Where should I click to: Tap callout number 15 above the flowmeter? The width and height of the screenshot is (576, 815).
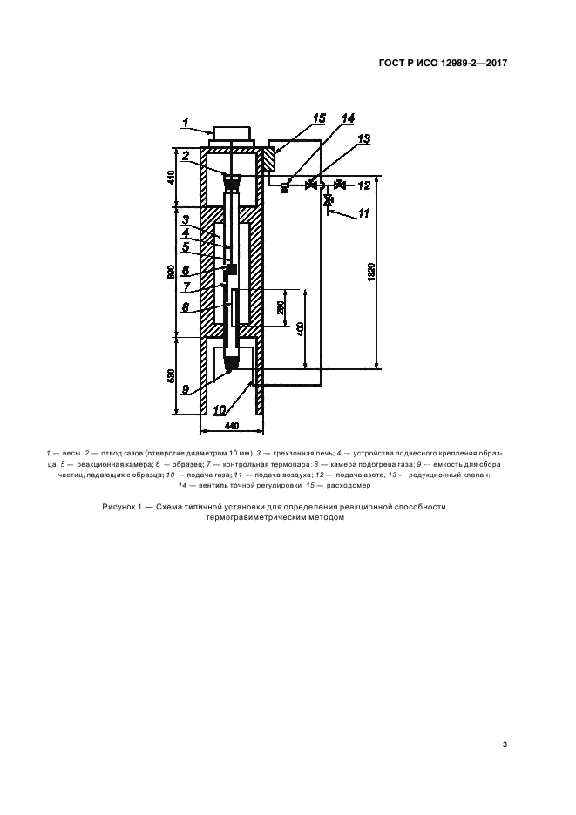pyautogui.click(x=320, y=118)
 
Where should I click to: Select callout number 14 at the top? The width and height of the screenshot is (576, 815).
pyautogui.click(x=348, y=118)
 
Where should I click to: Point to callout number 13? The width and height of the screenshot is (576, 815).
pyautogui.click(x=363, y=138)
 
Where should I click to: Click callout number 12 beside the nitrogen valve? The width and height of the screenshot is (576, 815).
pyautogui.click(x=364, y=185)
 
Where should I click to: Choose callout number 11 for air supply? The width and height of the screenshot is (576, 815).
pyautogui.click(x=364, y=212)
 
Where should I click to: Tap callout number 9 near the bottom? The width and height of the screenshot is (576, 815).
pyautogui.click(x=186, y=389)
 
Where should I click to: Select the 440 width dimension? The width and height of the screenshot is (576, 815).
pyautogui.click(x=232, y=426)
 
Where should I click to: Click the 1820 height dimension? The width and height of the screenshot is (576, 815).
pyautogui.click(x=372, y=272)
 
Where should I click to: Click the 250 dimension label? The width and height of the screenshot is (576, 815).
pyautogui.click(x=281, y=307)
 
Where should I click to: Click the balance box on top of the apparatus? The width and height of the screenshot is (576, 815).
pyautogui.click(x=231, y=133)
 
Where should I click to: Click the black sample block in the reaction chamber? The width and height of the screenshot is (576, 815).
pyautogui.click(x=231, y=268)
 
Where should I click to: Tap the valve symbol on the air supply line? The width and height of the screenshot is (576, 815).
pyautogui.click(x=329, y=200)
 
